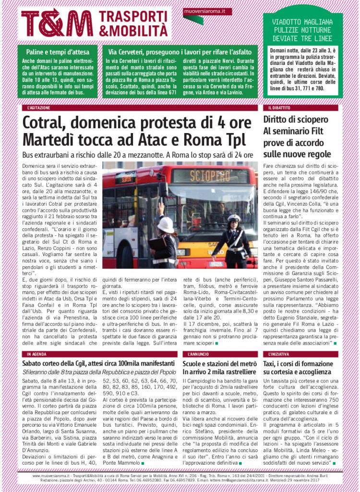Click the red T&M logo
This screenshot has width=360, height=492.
57,23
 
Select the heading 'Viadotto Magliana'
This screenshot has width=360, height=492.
302,22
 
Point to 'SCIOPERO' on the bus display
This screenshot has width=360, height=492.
210,176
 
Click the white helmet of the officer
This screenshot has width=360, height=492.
166,224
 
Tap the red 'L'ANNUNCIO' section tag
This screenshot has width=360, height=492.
197,354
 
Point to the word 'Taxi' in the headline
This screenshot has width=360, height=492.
271,364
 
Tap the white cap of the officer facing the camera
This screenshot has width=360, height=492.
234,218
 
